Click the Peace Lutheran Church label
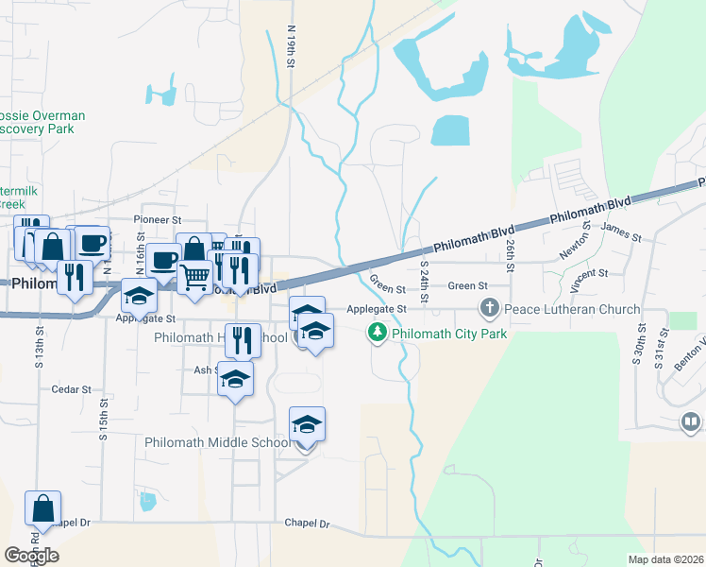click(x=572, y=309)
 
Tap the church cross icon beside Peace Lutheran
click(x=489, y=308)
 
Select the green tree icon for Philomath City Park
click(x=378, y=333)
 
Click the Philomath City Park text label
click(x=449, y=334)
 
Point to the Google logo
click(x=31, y=556)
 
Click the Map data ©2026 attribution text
click(x=665, y=559)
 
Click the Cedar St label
click(x=72, y=388)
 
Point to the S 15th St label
click(x=103, y=421)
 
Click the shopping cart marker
click(x=194, y=278)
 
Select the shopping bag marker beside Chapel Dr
click(x=43, y=509)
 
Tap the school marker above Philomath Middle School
click(x=307, y=425)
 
